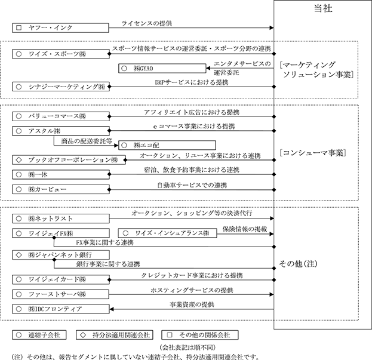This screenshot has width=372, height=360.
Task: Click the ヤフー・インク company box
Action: click(x=60, y=28)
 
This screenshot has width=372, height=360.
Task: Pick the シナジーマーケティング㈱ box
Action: click(x=60, y=87)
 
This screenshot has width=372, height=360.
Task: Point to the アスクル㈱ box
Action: click(x=60, y=130)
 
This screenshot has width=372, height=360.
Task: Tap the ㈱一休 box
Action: click(x=60, y=174)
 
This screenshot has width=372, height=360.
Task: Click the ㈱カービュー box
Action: click(x=60, y=189)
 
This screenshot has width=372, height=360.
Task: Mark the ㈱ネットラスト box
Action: click(x=60, y=219)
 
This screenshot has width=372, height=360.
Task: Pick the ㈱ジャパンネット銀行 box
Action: click(x=60, y=255)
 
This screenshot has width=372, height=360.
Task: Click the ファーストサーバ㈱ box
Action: click(x=60, y=294)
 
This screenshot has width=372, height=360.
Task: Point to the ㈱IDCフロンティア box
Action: click(x=60, y=309)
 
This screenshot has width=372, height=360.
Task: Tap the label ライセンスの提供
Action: click(x=146, y=22)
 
